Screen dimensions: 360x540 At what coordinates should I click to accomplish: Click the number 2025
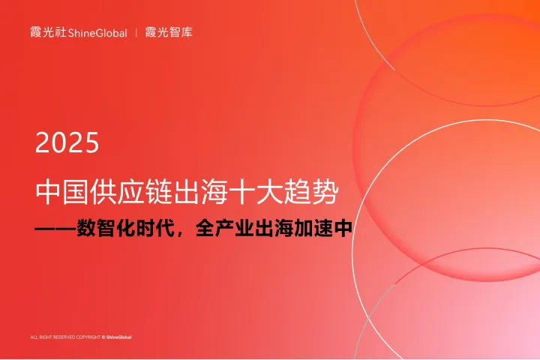click(x=67, y=142)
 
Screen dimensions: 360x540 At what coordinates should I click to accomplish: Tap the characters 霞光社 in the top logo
click(x=47, y=32)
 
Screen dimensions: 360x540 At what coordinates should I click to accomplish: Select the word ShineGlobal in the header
click(x=97, y=33)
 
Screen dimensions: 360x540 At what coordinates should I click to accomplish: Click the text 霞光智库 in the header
click(x=169, y=32)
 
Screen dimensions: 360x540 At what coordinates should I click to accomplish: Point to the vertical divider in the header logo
click(x=136, y=33)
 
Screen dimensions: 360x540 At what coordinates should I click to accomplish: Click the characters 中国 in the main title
click(x=61, y=193)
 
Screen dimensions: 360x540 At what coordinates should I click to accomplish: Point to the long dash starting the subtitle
click(x=56, y=229)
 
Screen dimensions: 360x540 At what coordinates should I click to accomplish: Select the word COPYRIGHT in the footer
click(x=88, y=337)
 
